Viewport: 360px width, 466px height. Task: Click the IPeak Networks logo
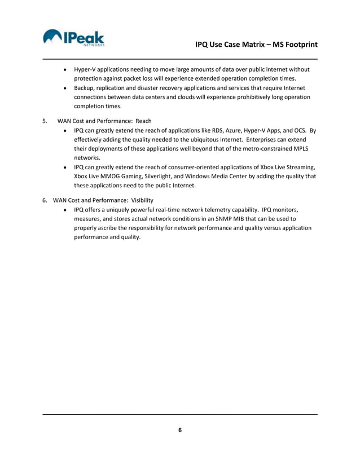coord(73,38)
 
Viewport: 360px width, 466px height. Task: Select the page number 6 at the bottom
coord(180,430)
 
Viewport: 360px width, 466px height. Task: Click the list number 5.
coord(45,121)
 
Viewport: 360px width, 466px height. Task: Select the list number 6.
coord(45,200)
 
